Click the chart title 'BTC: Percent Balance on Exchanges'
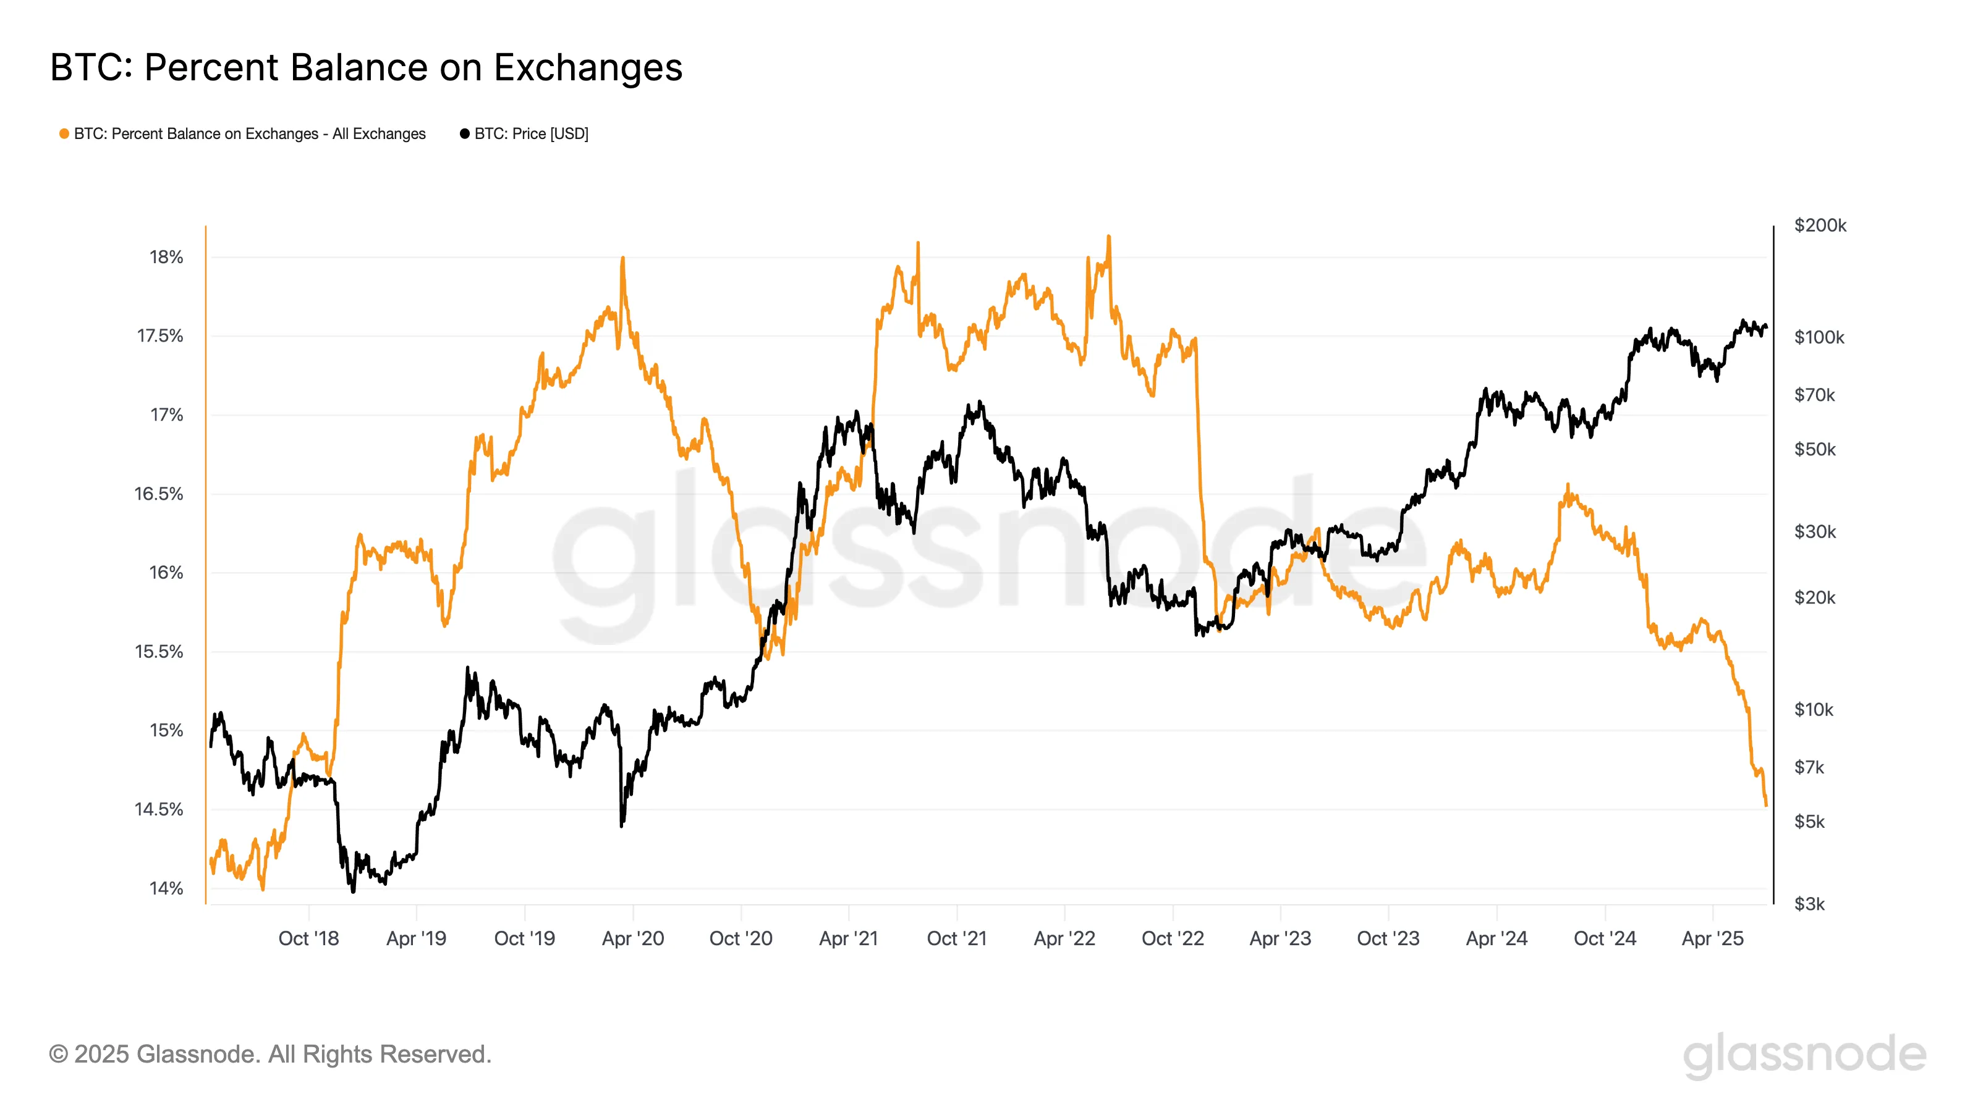coord(367,67)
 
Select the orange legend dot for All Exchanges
coord(64,133)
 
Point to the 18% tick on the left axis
coord(166,257)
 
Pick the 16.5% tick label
coord(159,494)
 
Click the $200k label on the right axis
coord(1820,225)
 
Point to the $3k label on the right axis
coord(1809,903)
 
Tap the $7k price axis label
coord(1809,767)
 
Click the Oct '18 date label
coord(308,938)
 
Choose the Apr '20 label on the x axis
coord(633,938)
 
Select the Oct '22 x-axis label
coord(1173,938)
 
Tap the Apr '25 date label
coord(1712,938)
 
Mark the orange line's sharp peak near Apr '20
coord(622,259)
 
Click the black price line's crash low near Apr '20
coord(621,825)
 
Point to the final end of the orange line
coord(1766,805)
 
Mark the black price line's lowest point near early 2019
coord(353,891)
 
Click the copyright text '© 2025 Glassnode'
coord(270,1054)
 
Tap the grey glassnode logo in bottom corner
coord(1804,1055)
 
